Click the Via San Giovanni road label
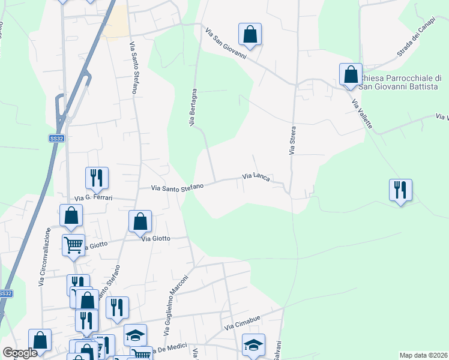click(226, 43)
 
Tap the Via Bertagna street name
click(193, 107)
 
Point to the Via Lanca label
click(256, 176)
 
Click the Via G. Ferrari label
click(93, 197)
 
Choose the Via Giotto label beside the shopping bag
click(156, 238)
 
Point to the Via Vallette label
click(361, 110)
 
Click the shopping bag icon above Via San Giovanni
click(250, 34)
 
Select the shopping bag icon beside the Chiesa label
click(351, 74)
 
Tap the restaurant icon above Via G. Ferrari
click(97, 178)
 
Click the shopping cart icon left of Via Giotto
click(73, 244)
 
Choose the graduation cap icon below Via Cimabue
click(253, 344)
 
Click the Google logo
click(20, 353)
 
